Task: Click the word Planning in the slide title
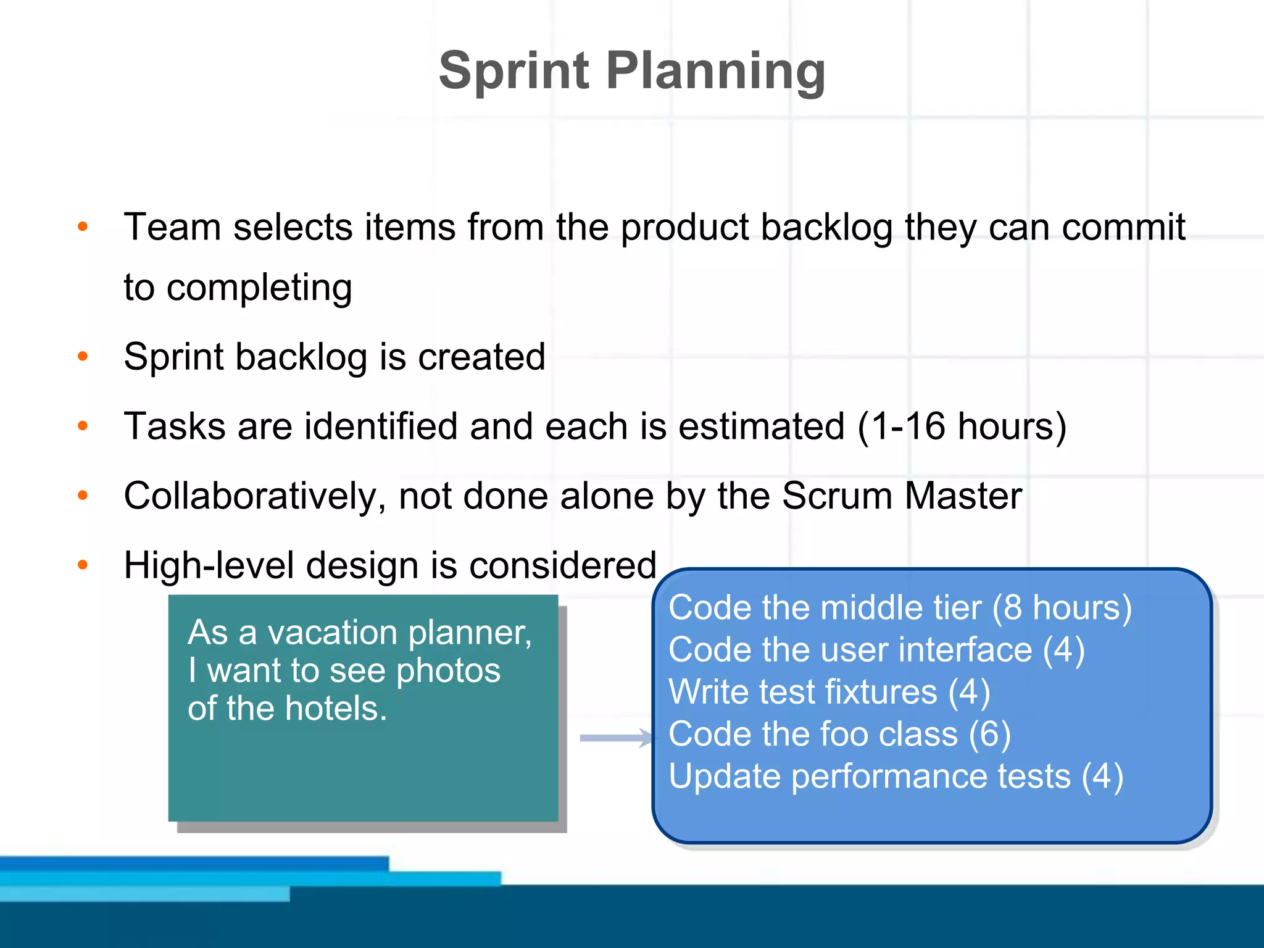pos(716,71)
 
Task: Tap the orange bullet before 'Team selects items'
pos(83,227)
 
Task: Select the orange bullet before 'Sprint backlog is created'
pos(83,356)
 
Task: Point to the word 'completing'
pos(259,288)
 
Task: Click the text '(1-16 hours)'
pos(962,426)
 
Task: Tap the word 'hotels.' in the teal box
pos(336,709)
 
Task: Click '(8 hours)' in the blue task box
pos(1062,608)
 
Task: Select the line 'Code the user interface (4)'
pos(876,650)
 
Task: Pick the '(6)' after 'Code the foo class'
pos(989,734)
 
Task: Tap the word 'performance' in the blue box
pos(931,776)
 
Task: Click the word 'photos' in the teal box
pos(448,671)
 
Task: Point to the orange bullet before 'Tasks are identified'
pos(83,426)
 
